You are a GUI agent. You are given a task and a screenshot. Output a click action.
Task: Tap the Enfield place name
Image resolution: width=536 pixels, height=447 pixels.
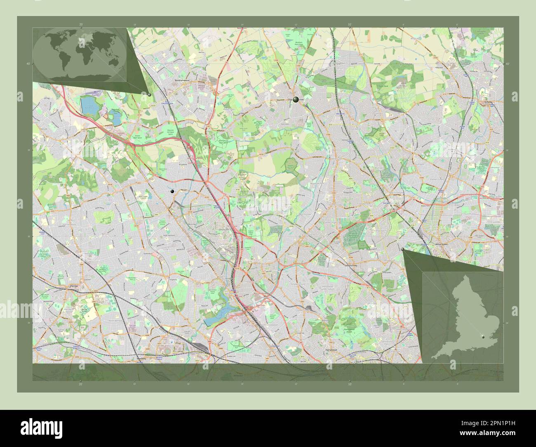489,102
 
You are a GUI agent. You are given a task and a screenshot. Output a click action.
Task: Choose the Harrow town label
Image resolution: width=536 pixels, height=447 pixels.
75,285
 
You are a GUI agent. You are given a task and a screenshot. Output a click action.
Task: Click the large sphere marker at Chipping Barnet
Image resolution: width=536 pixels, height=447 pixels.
296,99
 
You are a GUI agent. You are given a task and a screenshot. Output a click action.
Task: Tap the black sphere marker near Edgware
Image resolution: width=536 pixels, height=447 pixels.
172,191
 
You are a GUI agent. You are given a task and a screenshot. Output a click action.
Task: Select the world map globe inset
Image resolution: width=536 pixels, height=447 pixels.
80,54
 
